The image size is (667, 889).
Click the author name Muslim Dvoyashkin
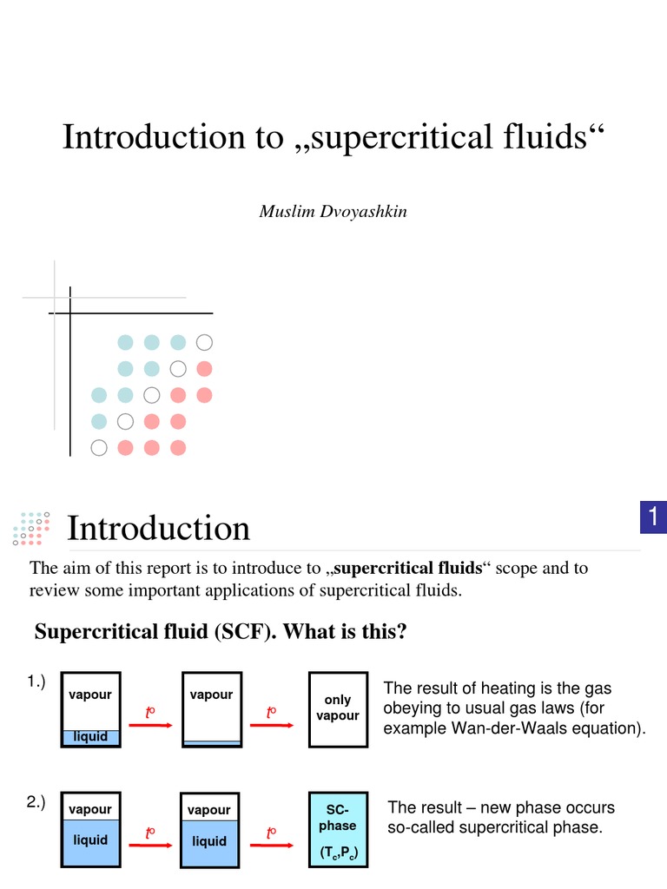click(333, 212)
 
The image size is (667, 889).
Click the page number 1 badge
click(652, 518)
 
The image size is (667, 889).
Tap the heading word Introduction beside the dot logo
click(159, 528)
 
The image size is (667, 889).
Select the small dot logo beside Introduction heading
click(31, 527)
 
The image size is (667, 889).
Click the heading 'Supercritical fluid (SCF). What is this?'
click(221, 631)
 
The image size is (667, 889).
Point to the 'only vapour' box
click(338, 708)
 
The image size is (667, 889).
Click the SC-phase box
click(338, 829)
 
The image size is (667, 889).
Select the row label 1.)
click(36, 682)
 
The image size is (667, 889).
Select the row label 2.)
click(36, 802)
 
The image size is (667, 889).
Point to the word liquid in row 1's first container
click(90, 737)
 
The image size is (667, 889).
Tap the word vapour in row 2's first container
click(90, 809)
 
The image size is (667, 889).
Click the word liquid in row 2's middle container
click(209, 840)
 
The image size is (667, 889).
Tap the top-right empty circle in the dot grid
click(204, 342)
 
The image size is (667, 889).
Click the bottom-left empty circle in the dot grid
click(99, 448)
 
